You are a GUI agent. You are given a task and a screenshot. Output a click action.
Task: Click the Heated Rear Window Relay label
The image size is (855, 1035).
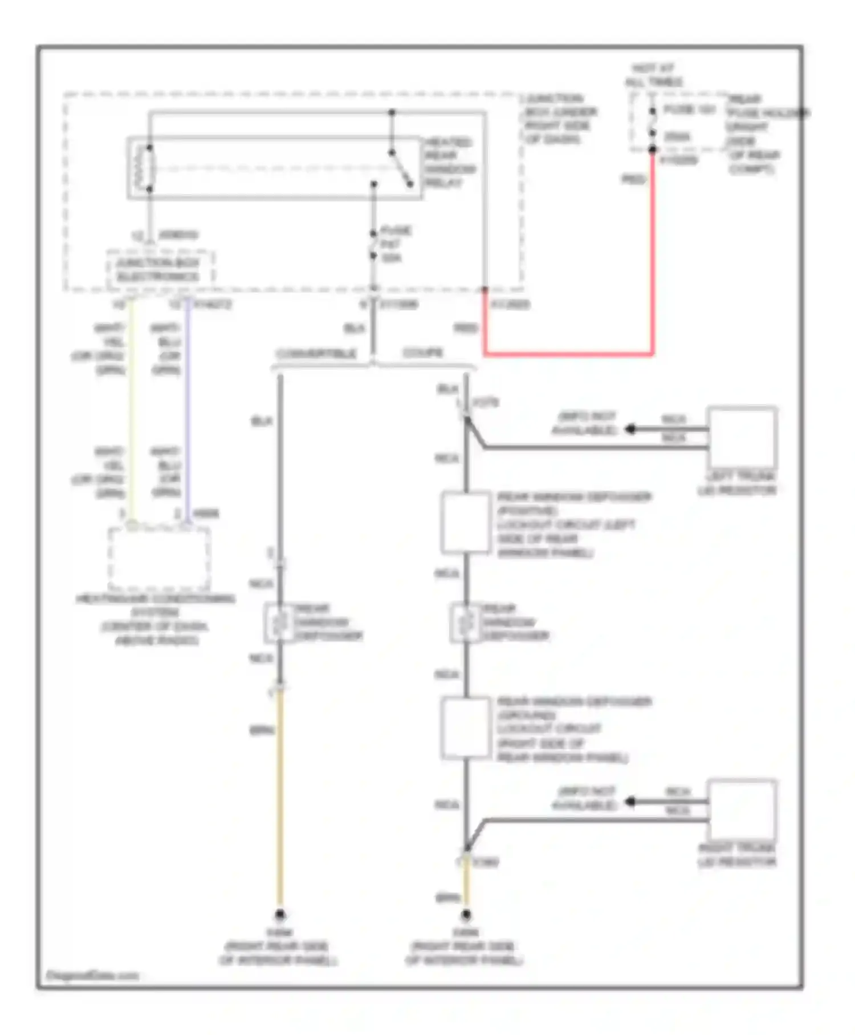(449, 162)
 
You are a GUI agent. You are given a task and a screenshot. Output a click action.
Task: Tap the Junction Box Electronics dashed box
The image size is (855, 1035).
(160, 269)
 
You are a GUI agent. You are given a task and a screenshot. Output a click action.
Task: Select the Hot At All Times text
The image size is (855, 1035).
(653, 75)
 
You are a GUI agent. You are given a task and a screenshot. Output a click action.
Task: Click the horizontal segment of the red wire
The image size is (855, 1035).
(570, 354)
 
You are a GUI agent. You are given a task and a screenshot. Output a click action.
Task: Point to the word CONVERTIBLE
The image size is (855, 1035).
(316, 354)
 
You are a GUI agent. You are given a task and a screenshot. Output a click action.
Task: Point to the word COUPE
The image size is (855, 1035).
(422, 353)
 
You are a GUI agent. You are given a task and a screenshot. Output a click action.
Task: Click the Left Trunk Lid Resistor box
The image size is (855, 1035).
(742, 437)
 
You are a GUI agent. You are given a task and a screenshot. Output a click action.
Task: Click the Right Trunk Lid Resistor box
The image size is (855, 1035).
(742, 809)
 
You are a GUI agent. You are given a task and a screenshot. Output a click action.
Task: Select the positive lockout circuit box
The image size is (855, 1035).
(466, 523)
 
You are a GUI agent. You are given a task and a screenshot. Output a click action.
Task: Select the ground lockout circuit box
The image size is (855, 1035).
(466, 728)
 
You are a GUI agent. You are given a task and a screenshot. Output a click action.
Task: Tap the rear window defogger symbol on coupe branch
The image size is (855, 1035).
(466, 623)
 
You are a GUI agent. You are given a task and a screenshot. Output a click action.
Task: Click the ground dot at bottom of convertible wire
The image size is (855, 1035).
(280, 915)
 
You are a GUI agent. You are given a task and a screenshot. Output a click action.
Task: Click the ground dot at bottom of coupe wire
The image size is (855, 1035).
(466, 915)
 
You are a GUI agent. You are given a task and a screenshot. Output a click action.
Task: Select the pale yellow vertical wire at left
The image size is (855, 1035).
(132, 411)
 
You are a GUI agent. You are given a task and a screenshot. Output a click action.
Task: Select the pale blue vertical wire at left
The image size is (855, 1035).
(188, 411)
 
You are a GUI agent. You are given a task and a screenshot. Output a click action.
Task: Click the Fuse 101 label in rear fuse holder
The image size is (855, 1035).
(689, 109)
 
